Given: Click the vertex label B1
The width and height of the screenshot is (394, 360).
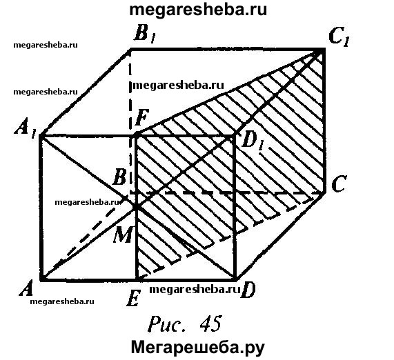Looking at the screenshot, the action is [144, 34].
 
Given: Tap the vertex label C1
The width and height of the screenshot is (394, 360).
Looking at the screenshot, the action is [339, 38].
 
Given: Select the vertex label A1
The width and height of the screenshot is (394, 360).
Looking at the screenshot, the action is [25, 130].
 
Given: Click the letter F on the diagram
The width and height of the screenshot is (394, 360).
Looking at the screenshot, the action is [142, 117].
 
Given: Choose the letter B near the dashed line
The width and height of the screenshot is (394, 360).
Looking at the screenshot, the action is [119, 177].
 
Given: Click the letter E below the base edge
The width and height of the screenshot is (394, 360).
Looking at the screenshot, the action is [132, 298].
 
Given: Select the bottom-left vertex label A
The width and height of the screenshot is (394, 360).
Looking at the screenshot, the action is [26, 288].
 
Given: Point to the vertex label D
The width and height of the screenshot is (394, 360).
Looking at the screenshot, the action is [248, 290].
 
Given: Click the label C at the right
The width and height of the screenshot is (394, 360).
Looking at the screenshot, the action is [339, 183].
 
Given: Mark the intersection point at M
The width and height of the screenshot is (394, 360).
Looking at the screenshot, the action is [136, 207].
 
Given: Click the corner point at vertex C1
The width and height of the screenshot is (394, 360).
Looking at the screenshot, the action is [323, 50].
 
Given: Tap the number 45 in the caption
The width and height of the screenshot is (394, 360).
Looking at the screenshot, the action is [210, 323].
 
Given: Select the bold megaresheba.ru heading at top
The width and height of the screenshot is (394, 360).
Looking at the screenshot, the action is [198, 10].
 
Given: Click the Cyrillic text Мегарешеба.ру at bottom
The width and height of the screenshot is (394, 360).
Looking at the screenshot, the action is [198, 348].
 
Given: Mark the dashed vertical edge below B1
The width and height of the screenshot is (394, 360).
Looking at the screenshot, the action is [130, 122].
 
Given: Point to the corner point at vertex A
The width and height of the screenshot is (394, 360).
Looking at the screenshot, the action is [41, 279].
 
